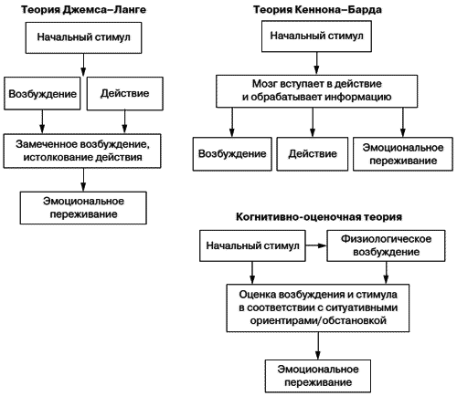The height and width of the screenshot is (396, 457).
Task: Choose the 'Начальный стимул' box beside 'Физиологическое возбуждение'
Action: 248,245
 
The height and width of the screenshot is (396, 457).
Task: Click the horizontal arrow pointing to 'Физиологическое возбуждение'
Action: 312,246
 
